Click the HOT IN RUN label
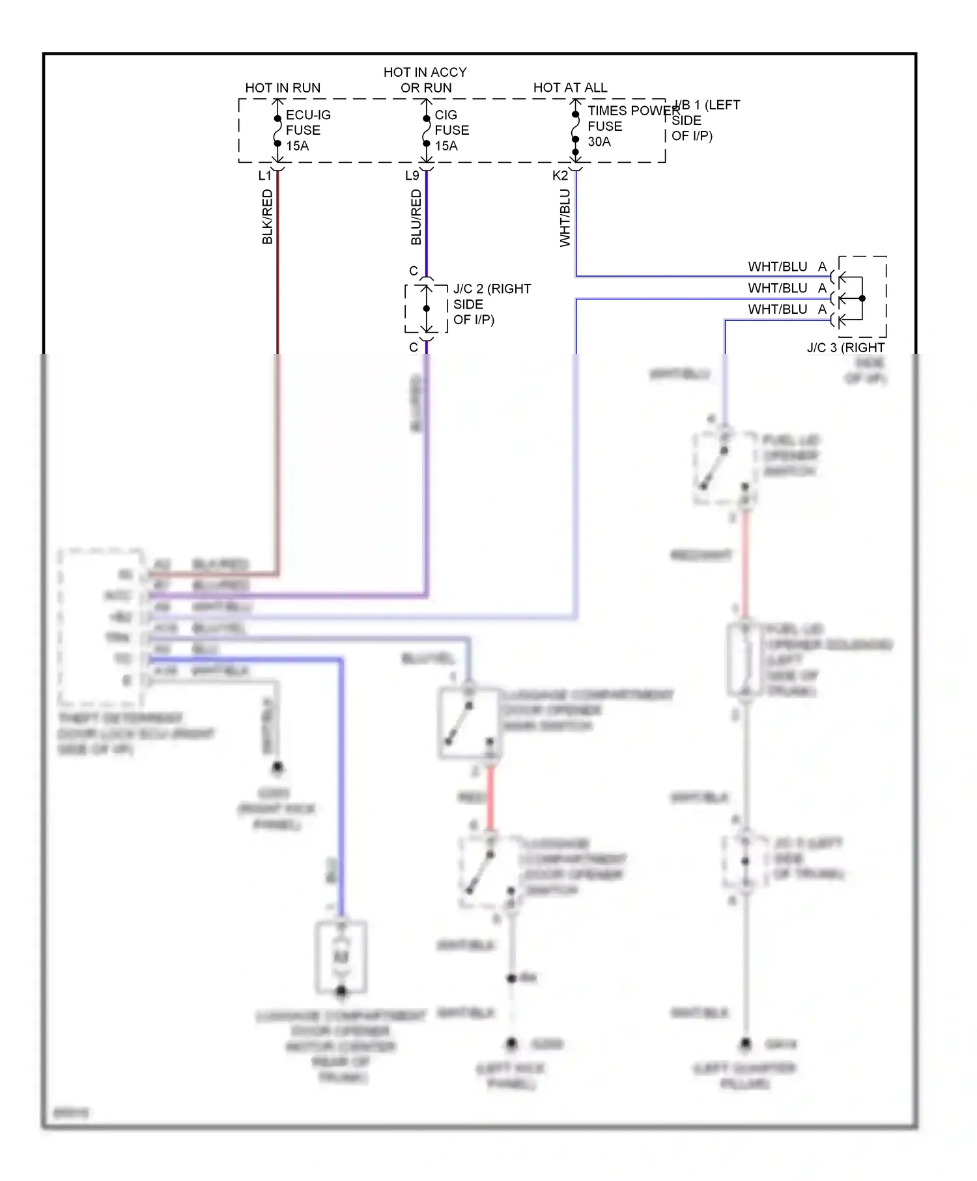[283, 88]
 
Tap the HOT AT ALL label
[570, 88]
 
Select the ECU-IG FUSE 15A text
[307, 130]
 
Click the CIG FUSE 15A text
[451, 130]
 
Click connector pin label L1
[264, 176]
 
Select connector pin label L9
[412, 176]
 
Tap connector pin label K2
[559, 176]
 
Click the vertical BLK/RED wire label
[267, 217]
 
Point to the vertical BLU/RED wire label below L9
[416, 217]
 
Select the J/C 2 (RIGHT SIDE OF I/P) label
[491, 304]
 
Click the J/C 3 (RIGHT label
[845, 348]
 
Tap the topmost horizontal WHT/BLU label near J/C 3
[777, 267]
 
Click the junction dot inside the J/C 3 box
[862, 299]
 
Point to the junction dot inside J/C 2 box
[427, 309]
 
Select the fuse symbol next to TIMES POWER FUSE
[576, 128]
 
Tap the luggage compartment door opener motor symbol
[341, 956]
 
